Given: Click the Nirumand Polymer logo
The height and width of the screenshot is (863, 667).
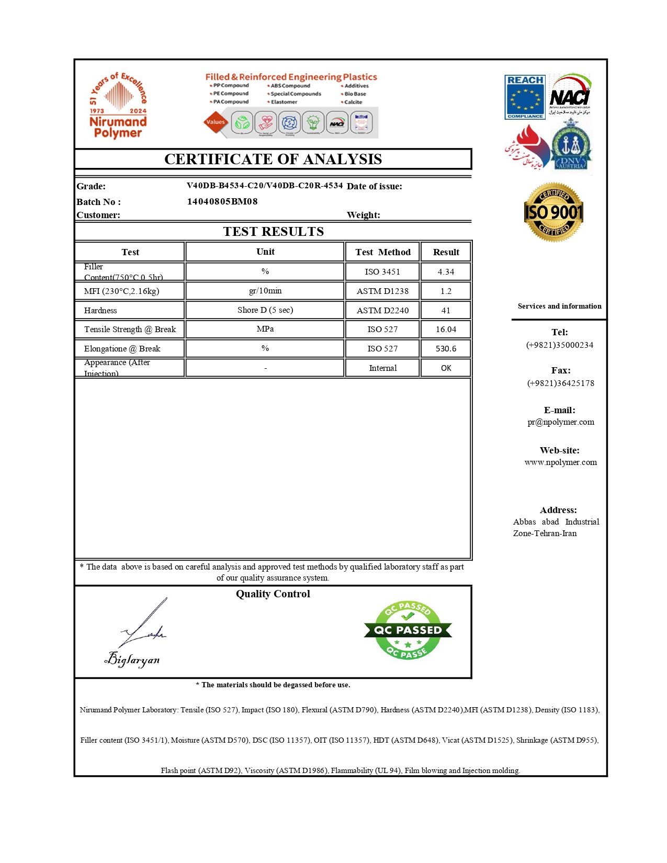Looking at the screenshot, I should point(118,106).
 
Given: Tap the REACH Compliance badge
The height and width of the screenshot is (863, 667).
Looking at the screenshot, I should point(525,97).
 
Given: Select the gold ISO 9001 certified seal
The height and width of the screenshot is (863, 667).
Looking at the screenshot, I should point(553,212).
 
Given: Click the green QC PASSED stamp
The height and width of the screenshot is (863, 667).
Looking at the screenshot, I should point(408,630).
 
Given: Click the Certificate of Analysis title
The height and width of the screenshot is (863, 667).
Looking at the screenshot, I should point(273,159).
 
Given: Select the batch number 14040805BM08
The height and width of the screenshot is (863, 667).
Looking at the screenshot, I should point(222,201).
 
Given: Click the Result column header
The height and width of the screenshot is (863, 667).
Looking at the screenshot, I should point(446,252).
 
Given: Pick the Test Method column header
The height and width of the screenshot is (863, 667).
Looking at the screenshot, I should point(382,252).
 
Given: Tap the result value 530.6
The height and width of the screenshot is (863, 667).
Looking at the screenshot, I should point(446,349).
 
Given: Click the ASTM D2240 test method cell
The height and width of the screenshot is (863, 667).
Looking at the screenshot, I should point(382,311).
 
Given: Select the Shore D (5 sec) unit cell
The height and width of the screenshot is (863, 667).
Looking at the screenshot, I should point(265,310).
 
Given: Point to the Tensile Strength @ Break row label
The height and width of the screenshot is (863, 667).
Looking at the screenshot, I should point(130,330).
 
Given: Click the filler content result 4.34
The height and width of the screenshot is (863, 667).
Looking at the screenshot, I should point(446,272).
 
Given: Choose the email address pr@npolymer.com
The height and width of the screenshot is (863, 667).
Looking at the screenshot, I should point(560,422).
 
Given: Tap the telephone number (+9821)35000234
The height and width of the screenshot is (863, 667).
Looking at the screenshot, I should point(559,345).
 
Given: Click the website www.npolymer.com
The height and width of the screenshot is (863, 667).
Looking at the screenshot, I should point(560,462).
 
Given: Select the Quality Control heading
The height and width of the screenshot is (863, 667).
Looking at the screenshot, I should point(273,594).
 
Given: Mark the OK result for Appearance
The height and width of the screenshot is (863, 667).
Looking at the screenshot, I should point(446,368).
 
